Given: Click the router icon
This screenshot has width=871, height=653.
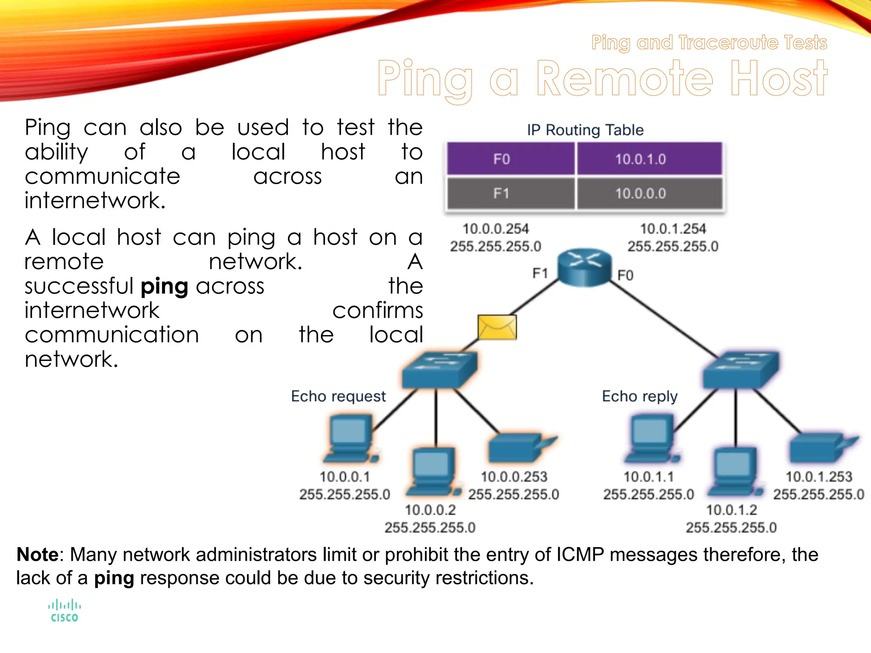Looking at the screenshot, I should (584, 267).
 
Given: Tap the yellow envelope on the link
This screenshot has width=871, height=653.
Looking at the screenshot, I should (497, 327).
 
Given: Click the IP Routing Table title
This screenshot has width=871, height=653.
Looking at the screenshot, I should (585, 130).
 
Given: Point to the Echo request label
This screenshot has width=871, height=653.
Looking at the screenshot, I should (338, 396).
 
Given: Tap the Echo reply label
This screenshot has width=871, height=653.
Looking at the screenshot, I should (639, 396).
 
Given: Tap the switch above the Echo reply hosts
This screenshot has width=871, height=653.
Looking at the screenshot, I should (740, 369).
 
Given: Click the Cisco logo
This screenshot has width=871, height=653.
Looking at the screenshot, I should (65, 611).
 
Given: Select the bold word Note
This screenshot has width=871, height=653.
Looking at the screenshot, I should (37, 555).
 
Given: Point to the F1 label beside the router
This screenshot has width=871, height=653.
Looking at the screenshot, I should (540, 273).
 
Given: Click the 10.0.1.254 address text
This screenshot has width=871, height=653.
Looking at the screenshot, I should (673, 229).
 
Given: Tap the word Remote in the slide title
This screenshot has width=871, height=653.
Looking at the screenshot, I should (624, 79).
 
